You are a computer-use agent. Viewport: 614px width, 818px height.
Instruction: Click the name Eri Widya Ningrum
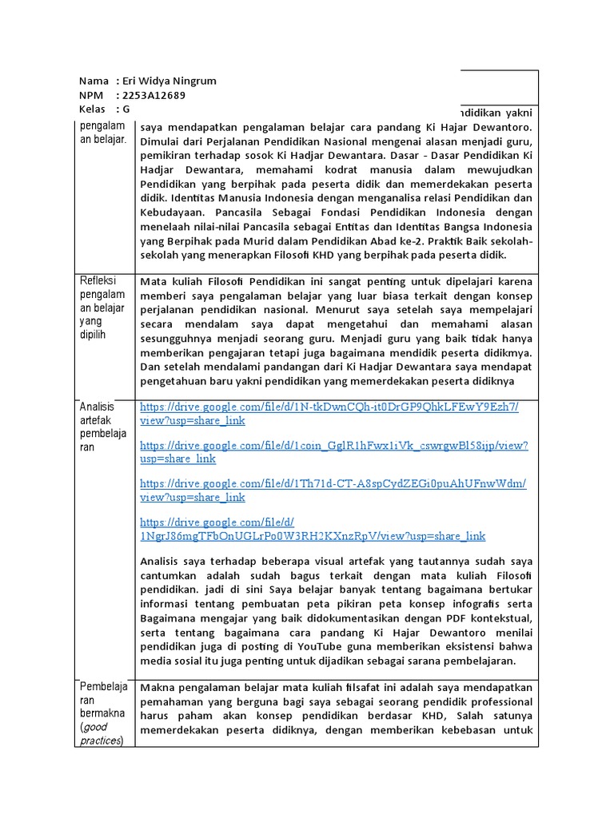click(x=165, y=81)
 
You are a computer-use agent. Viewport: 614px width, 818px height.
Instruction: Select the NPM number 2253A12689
click(x=153, y=95)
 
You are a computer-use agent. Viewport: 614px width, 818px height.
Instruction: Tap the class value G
click(x=126, y=109)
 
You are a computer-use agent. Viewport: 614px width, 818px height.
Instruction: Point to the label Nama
click(x=94, y=81)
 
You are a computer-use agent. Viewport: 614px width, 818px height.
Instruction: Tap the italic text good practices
click(x=102, y=733)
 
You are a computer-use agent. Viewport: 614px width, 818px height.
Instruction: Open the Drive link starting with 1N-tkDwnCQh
click(x=329, y=413)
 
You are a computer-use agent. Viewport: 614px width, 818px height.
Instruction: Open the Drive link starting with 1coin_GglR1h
click(x=333, y=451)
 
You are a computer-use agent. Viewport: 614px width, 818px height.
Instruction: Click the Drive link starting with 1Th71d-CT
click(x=333, y=490)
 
